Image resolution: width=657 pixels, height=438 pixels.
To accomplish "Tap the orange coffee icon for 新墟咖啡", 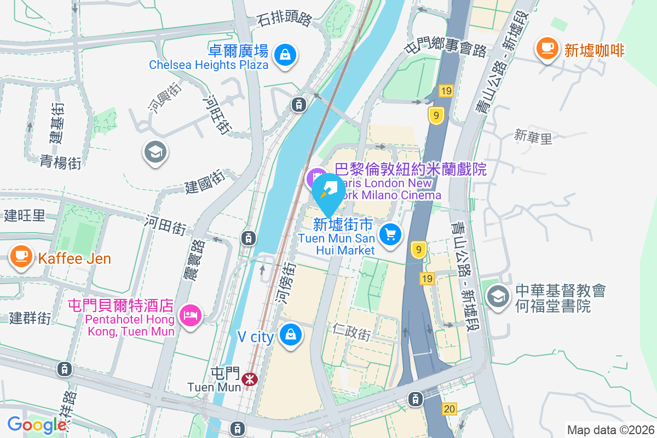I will point(546,48).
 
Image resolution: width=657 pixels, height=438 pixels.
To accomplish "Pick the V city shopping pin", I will point(291,333).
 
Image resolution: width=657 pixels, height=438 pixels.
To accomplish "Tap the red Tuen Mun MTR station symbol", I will point(250,378).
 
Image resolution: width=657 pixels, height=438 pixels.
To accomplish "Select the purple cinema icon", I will point(316,177).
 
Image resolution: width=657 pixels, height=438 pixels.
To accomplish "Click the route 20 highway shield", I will point(449,408).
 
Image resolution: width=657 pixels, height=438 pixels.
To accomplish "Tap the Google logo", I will point(37,424).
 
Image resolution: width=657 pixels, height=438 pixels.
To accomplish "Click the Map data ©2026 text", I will point(610,430).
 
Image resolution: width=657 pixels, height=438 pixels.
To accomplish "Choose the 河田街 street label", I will point(166,225).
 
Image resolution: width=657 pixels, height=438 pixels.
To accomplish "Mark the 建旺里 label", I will point(25,215).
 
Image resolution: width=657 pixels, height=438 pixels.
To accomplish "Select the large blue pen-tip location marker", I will point(328,193).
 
